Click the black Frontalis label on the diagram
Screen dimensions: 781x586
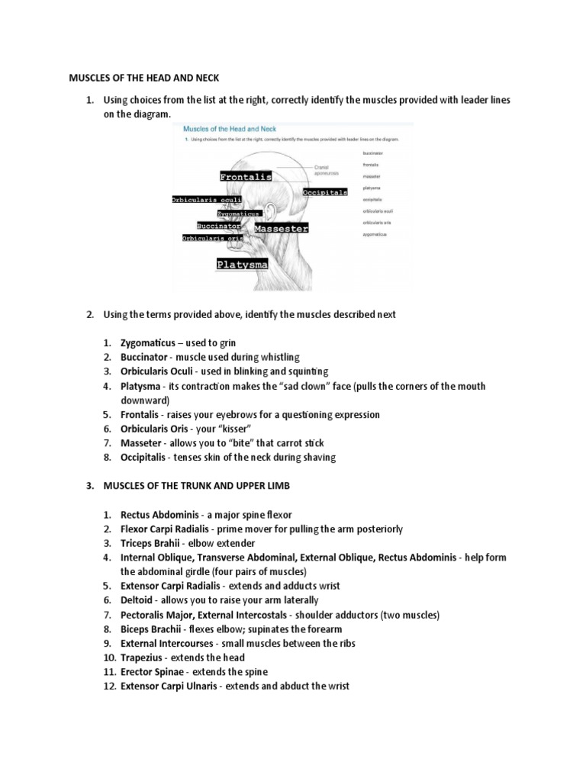click(x=246, y=177)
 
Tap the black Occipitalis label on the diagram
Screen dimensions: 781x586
click(x=325, y=193)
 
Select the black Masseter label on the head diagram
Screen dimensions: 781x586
click(x=281, y=229)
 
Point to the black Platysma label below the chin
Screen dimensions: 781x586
click(x=242, y=265)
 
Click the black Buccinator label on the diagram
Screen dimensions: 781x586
click(x=219, y=227)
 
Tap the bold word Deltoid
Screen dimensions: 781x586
click(x=138, y=600)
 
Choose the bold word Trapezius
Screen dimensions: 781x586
click(x=143, y=657)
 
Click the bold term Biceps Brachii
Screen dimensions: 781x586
click(x=155, y=629)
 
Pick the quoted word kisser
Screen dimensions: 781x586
click(x=235, y=429)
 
